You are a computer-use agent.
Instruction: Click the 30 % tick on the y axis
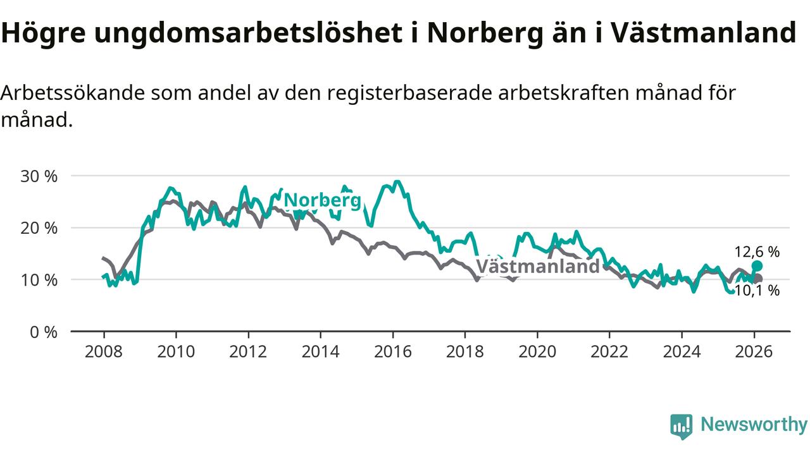point(39,176)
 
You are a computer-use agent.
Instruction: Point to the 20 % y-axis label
point(39,228)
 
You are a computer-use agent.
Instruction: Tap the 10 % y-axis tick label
point(39,280)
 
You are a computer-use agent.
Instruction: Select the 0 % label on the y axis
point(44,332)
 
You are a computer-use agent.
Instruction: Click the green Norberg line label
point(322,201)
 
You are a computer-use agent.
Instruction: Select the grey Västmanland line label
point(537,266)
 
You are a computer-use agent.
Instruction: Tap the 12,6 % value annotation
point(757,252)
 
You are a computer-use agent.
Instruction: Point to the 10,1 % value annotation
point(757,291)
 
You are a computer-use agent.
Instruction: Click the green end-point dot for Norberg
point(757,266)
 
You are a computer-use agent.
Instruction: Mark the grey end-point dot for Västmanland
point(758,279)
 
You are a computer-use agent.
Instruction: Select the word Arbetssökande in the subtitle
point(72,93)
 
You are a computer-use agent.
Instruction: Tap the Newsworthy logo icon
point(682,426)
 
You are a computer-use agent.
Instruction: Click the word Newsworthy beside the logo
point(754,425)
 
